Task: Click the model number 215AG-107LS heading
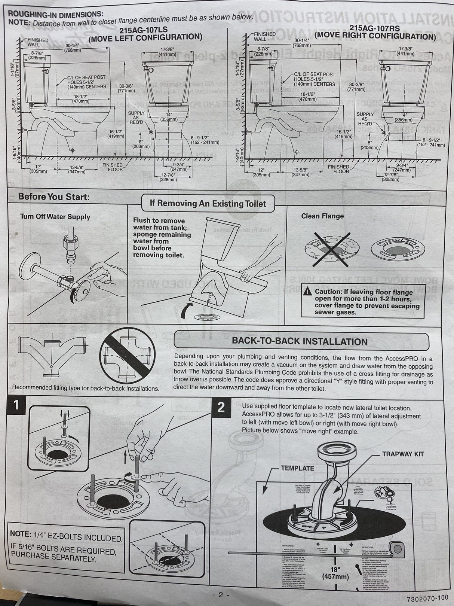pos(142,30)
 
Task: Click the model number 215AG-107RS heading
pos(375,28)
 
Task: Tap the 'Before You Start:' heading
pos(54,197)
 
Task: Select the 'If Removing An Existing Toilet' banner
pos(208,203)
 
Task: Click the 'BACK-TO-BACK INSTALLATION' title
pos(300,341)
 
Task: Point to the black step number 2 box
pos(221,407)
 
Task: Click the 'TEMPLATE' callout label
pos(297,468)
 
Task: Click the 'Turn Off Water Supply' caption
pos(55,217)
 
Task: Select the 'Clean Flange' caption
pos(322,216)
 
